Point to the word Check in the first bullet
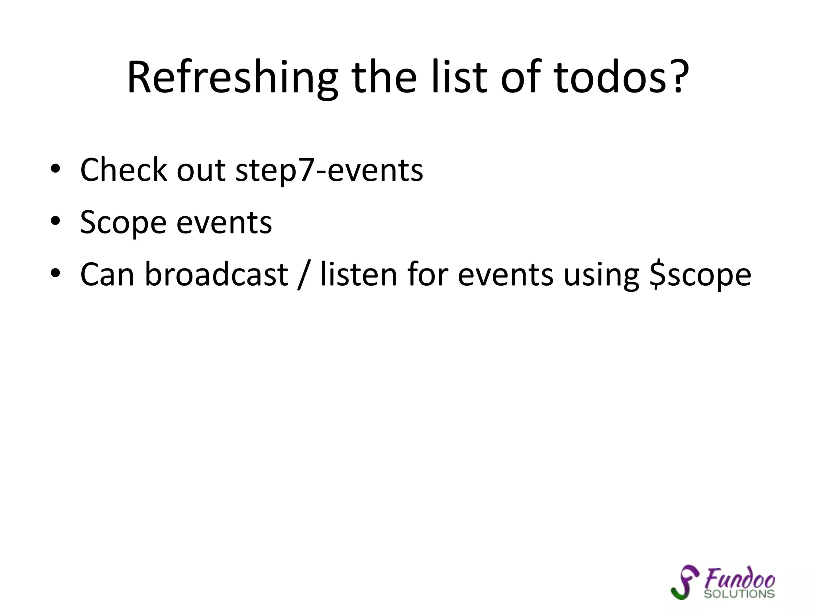click(124, 170)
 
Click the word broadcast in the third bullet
click(216, 275)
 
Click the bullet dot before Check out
click(55, 169)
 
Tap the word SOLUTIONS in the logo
click(739, 594)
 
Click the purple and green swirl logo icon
click(685, 581)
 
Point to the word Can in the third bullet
click(107, 275)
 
